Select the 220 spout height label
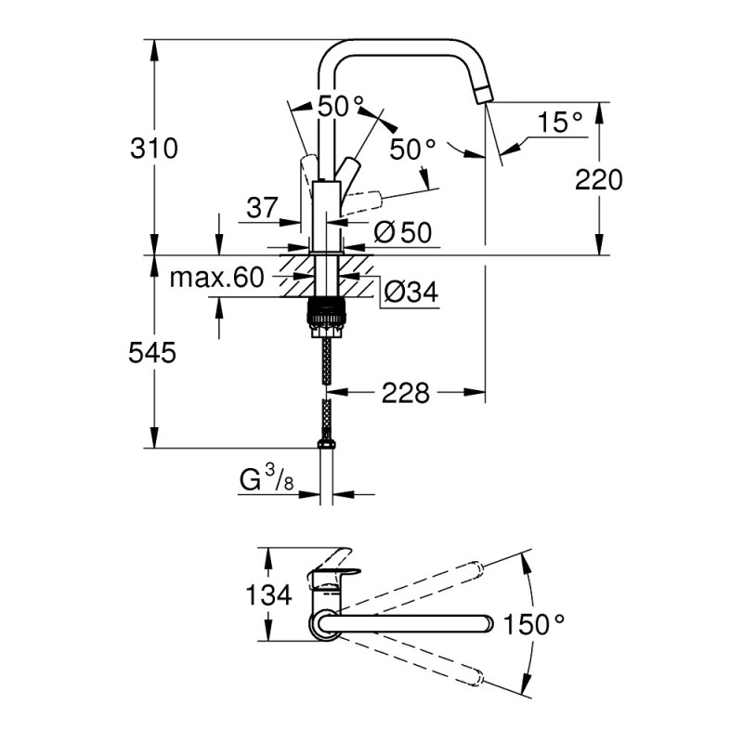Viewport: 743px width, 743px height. coord(598,180)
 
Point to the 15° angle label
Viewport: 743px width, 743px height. coord(560,122)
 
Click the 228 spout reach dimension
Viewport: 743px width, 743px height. coord(406,394)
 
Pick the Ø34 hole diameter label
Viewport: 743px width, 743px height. coord(410,293)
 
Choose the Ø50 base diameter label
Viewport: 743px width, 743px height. coord(405,233)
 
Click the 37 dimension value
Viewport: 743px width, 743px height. coord(262,208)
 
